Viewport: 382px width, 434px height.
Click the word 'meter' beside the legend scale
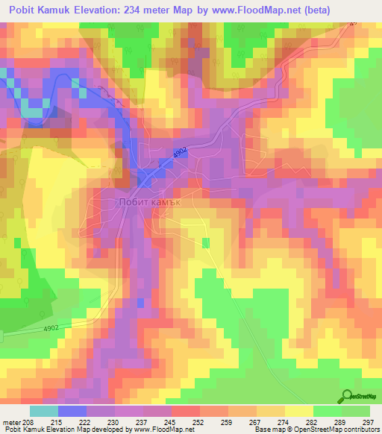click(13, 421)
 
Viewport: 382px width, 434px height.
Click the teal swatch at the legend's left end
click(43, 411)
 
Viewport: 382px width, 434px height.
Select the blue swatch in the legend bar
click(72, 411)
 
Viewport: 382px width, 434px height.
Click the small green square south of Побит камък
click(206, 242)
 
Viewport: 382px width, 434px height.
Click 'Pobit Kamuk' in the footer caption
click(25, 430)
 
